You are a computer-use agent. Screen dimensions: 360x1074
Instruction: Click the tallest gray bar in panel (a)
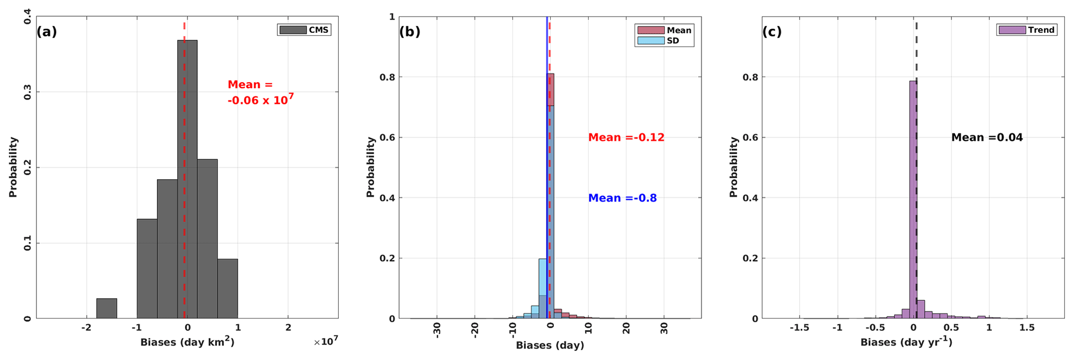[x=187, y=179]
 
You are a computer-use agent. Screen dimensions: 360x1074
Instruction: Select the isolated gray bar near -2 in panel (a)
[x=107, y=308]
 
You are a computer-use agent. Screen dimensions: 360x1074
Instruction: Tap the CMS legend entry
[x=304, y=30]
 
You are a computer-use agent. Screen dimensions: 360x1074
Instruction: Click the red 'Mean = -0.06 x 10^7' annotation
[x=260, y=92]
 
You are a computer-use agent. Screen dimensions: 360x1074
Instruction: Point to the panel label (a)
[x=46, y=32]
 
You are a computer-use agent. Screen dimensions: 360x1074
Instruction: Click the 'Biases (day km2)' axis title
[x=187, y=342]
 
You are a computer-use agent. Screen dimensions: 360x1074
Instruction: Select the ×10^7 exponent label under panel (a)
[x=326, y=341]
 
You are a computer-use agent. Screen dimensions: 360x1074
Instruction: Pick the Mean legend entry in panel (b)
[x=664, y=30]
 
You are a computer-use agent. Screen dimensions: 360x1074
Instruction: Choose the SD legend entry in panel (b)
[x=664, y=41]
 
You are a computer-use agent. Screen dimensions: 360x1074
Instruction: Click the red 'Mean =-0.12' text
[x=626, y=138]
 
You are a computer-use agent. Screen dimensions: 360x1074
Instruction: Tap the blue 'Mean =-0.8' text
[x=622, y=198]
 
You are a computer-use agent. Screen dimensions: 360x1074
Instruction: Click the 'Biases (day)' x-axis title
[x=550, y=345]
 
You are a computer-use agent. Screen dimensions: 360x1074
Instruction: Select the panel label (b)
[x=409, y=32]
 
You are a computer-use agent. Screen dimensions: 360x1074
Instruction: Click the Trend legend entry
[x=1026, y=30]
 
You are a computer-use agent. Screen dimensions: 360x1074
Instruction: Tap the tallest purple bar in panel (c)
[x=913, y=200]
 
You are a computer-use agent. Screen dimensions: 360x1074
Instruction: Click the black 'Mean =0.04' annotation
[x=987, y=138]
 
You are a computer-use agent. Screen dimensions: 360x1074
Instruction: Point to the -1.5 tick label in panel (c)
[x=799, y=328]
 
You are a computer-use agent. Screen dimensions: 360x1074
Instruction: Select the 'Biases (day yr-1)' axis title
[x=906, y=342]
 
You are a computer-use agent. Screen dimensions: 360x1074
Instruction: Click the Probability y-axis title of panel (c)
[x=733, y=167]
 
